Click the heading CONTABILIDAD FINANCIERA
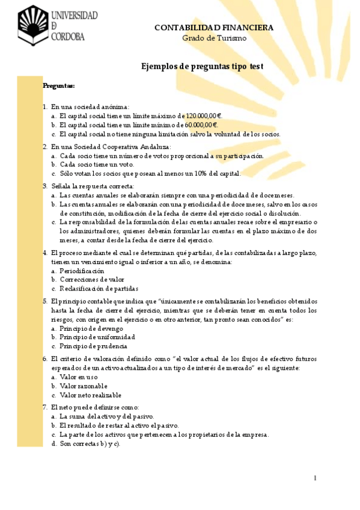click(x=214, y=28)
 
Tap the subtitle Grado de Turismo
click(x=214, y=38)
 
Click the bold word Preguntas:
click(x=58, y=86)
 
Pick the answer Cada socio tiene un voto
click(x=97, y=164)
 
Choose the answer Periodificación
click(x=86, y=271)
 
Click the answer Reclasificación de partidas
click(x=99, y=289)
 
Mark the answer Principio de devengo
click(x=91, y=328)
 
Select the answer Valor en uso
click(x=79, y=377)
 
